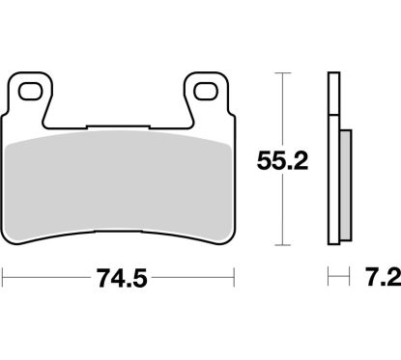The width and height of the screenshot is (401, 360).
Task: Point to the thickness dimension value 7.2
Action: (x=380, y=281)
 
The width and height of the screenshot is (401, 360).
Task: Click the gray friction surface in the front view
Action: (x=121, y=183)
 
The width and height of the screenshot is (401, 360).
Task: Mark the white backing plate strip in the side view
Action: (x=333, y=164)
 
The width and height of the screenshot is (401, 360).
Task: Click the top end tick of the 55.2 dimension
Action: (x=281, y=73)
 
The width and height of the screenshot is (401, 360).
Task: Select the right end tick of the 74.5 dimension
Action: (x=236, y=281)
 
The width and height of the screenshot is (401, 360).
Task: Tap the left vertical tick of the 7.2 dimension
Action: (x=329, y=281)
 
